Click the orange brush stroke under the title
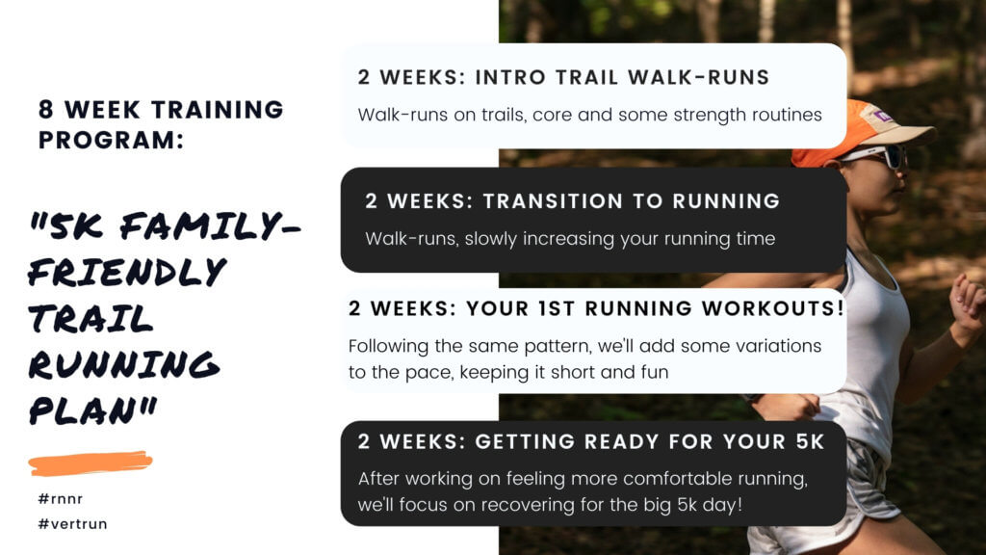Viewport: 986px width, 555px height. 91,463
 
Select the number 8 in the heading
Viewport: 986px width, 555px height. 46,110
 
